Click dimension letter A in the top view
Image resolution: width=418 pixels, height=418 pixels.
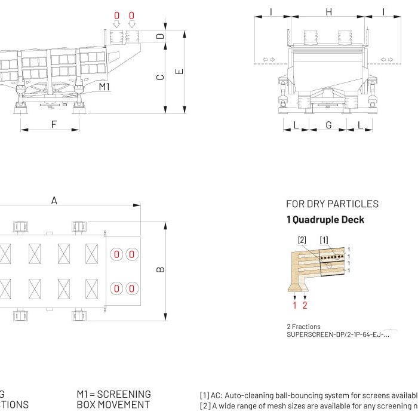coord(54,201)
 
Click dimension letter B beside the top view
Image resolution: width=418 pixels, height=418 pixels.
coord(160,270)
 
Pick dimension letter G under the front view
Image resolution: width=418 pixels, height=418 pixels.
coord(328,125)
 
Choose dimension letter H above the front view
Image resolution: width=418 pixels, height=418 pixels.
coord(328,11)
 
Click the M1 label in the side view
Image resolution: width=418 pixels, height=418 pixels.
coord(105,87)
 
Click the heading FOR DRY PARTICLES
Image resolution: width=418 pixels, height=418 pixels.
coord(332,204)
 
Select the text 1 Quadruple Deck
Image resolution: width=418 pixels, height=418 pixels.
coord(325,220)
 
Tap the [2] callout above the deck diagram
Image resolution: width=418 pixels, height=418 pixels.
coord(302,240)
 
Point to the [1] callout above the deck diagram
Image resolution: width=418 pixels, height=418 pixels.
coord(324,240)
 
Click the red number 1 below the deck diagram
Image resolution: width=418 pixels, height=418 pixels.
coord(294,306)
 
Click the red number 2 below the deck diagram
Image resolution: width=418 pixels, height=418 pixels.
coord(305,306)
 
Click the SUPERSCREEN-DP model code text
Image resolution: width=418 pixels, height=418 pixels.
coord(337,334)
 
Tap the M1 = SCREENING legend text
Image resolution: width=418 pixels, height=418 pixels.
coord(113,394)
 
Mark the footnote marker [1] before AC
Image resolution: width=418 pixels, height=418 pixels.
coord(204,395)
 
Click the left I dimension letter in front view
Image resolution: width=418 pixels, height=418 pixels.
coord(271,11)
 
